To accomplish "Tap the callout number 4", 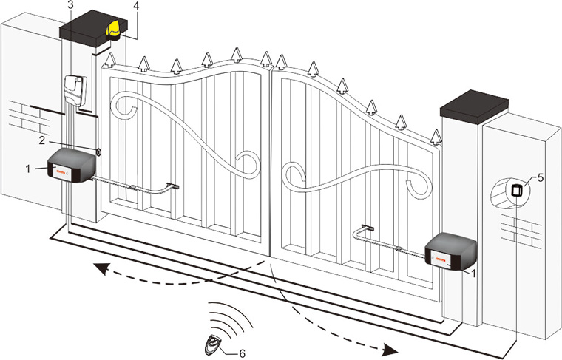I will (x=135, y=7).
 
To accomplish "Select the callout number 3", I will (x=70, y=6).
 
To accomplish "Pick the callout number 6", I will (x=242, y=353).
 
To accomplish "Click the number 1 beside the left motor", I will (x=29, y=170).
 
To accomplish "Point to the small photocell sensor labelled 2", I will (x=98, y=152).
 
